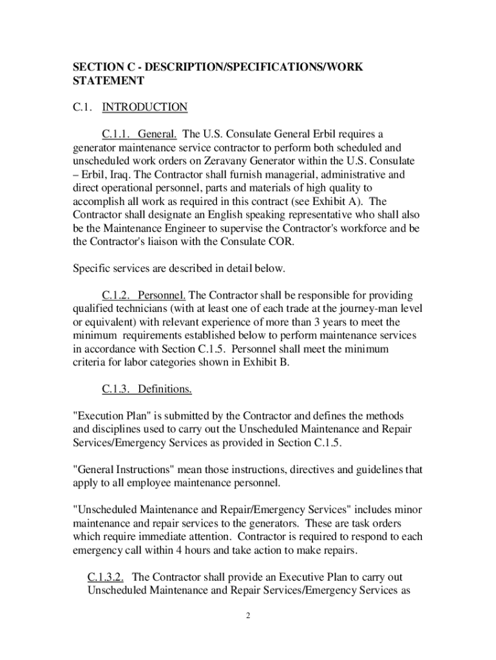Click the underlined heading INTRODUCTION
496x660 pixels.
pos(145,107)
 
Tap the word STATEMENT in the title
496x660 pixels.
pos(108,81)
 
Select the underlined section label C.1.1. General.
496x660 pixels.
pos(139,134)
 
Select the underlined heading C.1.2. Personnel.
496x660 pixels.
pos(144,295)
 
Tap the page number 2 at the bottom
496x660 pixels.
pos(247,616)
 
